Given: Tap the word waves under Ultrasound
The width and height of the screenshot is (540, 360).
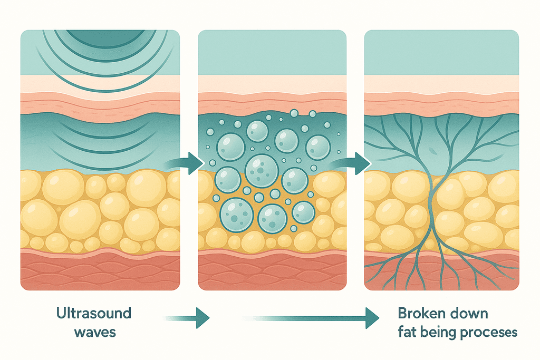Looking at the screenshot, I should point(87,333).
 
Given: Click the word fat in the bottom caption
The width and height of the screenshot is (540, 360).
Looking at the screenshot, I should point(408,333).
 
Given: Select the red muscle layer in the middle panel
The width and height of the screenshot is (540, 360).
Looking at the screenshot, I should point(272,271).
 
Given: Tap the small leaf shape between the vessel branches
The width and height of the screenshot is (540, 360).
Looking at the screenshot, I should point(433,151).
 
